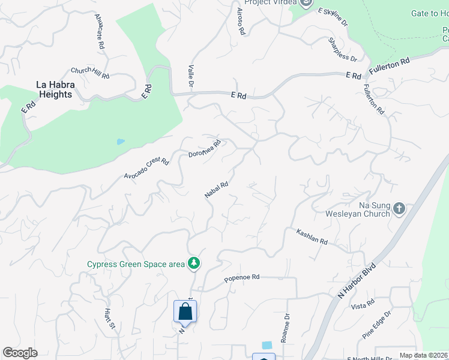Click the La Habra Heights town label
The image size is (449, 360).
55,90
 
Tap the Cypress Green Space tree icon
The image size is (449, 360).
194,263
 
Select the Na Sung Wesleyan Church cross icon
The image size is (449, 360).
399,209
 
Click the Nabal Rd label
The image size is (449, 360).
216,190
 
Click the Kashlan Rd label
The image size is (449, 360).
312,236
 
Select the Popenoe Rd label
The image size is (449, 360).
241,277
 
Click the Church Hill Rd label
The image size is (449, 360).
90,73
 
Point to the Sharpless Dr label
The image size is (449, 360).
342,50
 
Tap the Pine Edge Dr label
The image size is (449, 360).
377,324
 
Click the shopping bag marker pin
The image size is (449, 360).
185,312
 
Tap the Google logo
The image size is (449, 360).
20,353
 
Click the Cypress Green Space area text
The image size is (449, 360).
136,264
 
